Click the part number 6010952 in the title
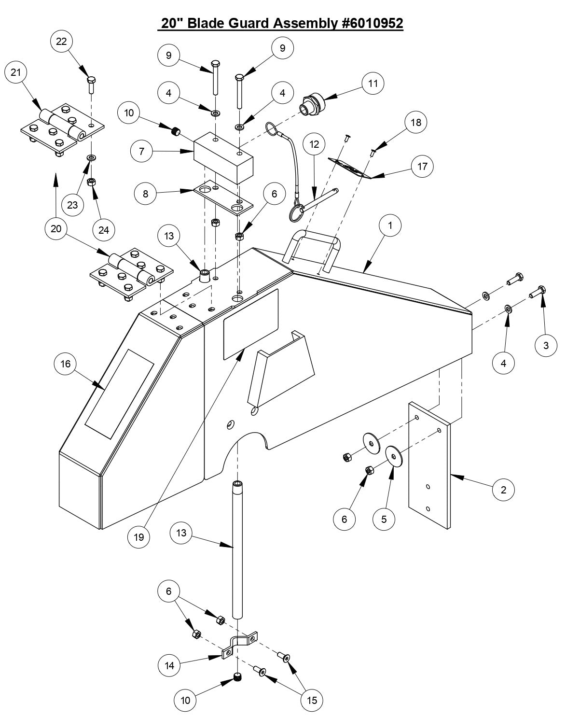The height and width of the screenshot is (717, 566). tap(372, 23)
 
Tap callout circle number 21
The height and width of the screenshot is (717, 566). tap(16, 72)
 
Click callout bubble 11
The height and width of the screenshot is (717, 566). tap(373, 84)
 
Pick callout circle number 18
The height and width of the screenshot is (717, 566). tap(416, 123)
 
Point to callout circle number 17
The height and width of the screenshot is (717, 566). tap(423, 167)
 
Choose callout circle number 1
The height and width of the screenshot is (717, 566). tap(390, 225)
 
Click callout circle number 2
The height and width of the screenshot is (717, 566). tap(504, 490)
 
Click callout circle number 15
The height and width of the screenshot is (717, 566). tap(312, 700)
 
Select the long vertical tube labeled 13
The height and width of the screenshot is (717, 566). tap(237, 550)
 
